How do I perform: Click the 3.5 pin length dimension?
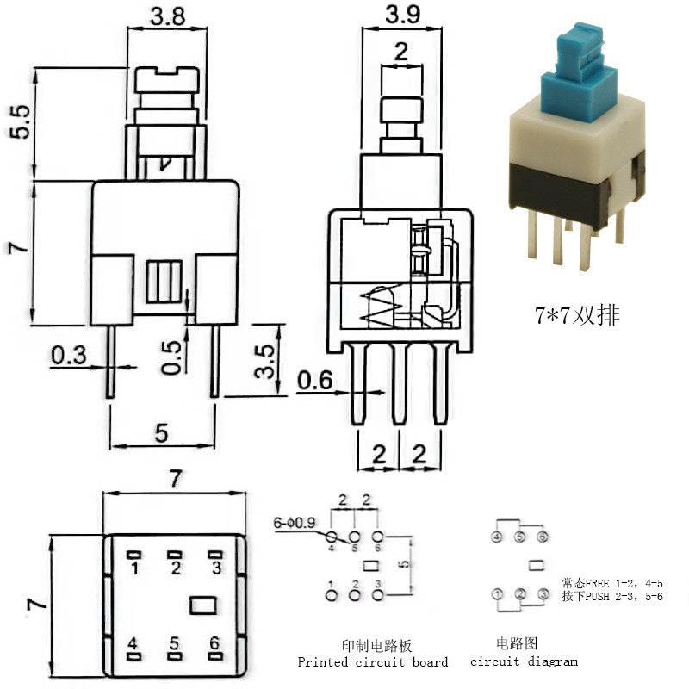point(264,361)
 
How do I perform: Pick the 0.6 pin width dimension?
point(313,378)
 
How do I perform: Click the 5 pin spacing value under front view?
point(161,433)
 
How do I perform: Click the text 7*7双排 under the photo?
point(575,316)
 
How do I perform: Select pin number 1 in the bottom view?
point(134,568)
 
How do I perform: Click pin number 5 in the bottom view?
point(175,642)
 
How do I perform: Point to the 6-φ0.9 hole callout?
point(295,522)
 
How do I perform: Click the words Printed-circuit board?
point(373,662)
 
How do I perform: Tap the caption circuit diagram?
point(524,661)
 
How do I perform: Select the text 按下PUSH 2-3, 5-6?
point(612,596)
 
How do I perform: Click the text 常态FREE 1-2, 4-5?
point(612,583)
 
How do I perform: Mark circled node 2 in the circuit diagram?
point(519,593)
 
